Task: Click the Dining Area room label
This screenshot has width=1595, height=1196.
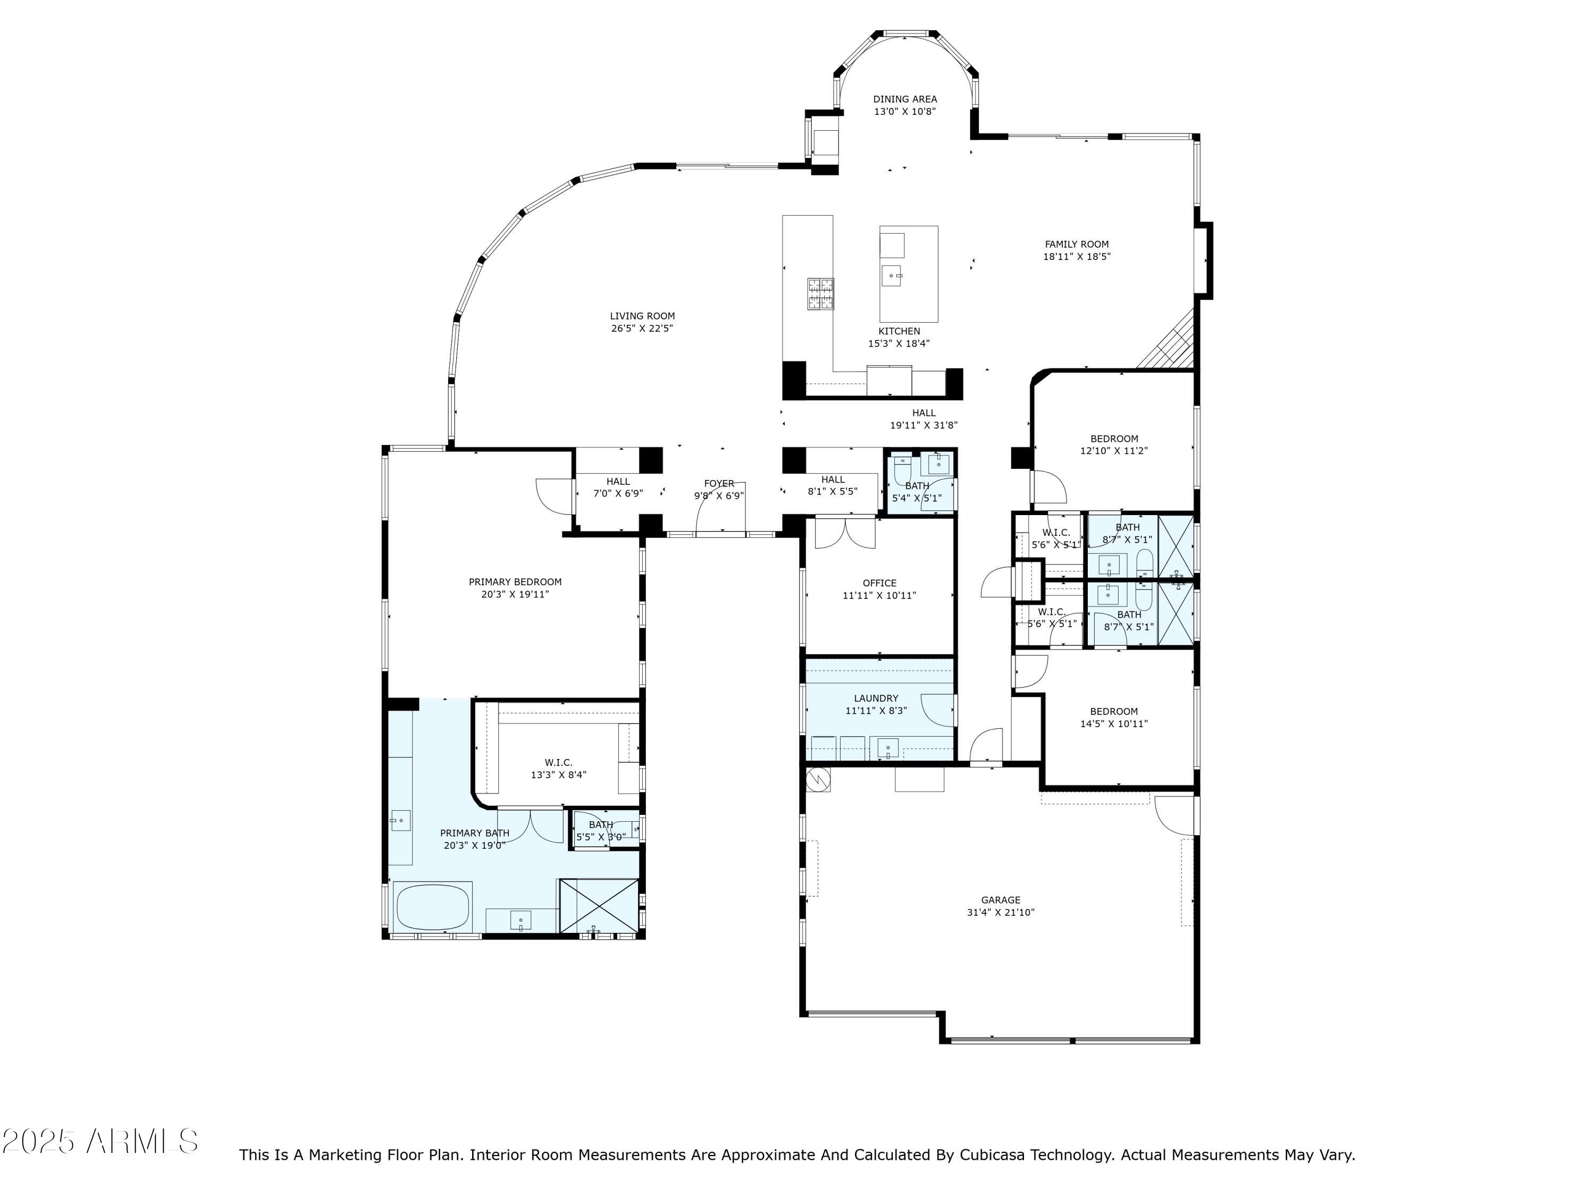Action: (905, 99)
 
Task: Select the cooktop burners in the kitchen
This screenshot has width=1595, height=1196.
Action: (820, 294)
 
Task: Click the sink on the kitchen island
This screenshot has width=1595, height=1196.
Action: (892, 275)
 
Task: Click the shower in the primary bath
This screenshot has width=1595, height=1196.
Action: (599, 906)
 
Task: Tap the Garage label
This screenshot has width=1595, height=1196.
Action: (1000, 900)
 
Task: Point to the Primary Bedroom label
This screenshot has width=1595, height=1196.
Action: (515, 582)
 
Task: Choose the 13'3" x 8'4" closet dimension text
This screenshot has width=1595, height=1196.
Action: (558, 775)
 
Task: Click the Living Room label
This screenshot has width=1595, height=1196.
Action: (642, 316)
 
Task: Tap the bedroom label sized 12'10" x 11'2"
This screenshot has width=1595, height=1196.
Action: (1114, 439)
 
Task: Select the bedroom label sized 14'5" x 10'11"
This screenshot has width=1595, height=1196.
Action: (1113, 711)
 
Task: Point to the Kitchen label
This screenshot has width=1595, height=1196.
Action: (899, 331)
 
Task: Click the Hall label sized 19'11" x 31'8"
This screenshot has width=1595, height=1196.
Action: (923, 413)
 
